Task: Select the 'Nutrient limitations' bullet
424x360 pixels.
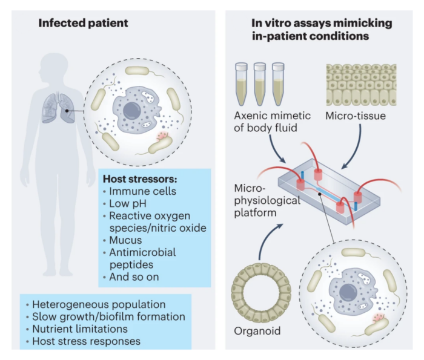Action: point(84,329)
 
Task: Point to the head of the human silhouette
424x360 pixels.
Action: point(54,65)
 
